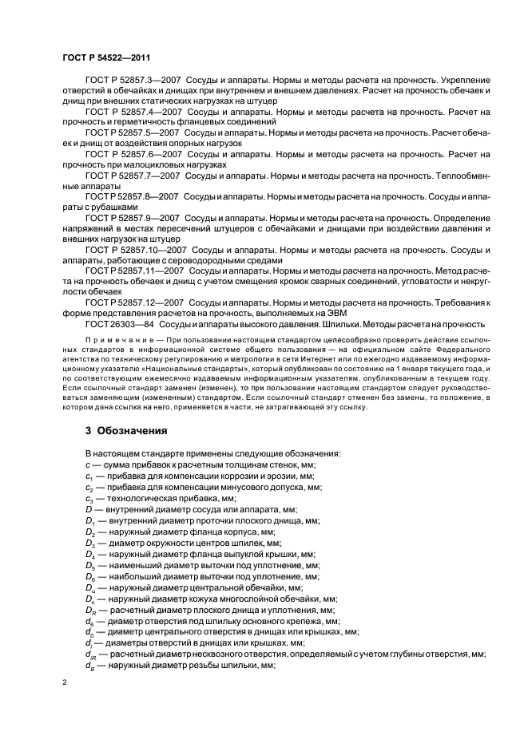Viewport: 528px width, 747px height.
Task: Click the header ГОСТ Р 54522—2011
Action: click(105, 57)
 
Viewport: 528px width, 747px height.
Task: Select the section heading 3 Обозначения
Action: click(126, 430)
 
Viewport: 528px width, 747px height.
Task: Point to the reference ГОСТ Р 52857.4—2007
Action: click(133, 113)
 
